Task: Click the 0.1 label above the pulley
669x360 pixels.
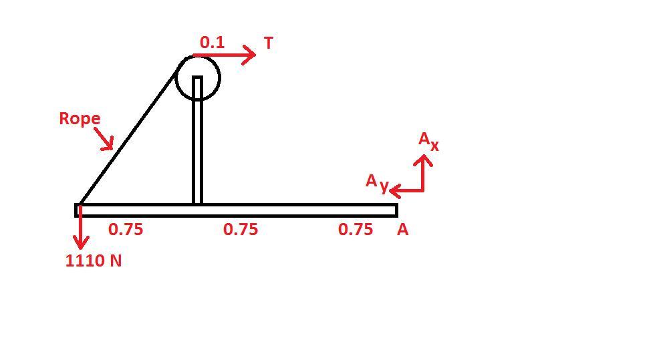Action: (x=212, y=42)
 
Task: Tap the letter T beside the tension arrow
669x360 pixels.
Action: (x=269, y=43)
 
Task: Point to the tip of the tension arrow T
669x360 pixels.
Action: (x=255, y=55)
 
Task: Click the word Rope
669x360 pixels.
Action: (x=80, y=119)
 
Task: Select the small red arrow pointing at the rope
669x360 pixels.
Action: (x=104, y=139)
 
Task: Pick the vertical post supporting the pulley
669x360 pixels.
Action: (x=197, y=140)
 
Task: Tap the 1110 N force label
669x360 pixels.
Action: (x=94, y=260)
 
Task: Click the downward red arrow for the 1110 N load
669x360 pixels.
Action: (x=80, y=227)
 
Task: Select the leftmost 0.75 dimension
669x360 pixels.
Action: (x=126, y=230)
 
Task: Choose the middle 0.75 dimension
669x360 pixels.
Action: (x=241, y=230)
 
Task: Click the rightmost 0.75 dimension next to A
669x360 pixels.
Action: (x=356, y=230)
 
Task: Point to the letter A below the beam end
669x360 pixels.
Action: (x=403, y=230)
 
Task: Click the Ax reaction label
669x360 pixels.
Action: (x=428, y=141)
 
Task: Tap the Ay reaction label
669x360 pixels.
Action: (x=377, y=183)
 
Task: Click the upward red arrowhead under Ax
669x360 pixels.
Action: (x=423, y=160)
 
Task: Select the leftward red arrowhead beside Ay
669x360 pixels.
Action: (x=394, y=190)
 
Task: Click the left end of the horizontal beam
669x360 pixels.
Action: (x=76, y=210)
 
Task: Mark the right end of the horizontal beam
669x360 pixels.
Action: (x=398, y=210)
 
